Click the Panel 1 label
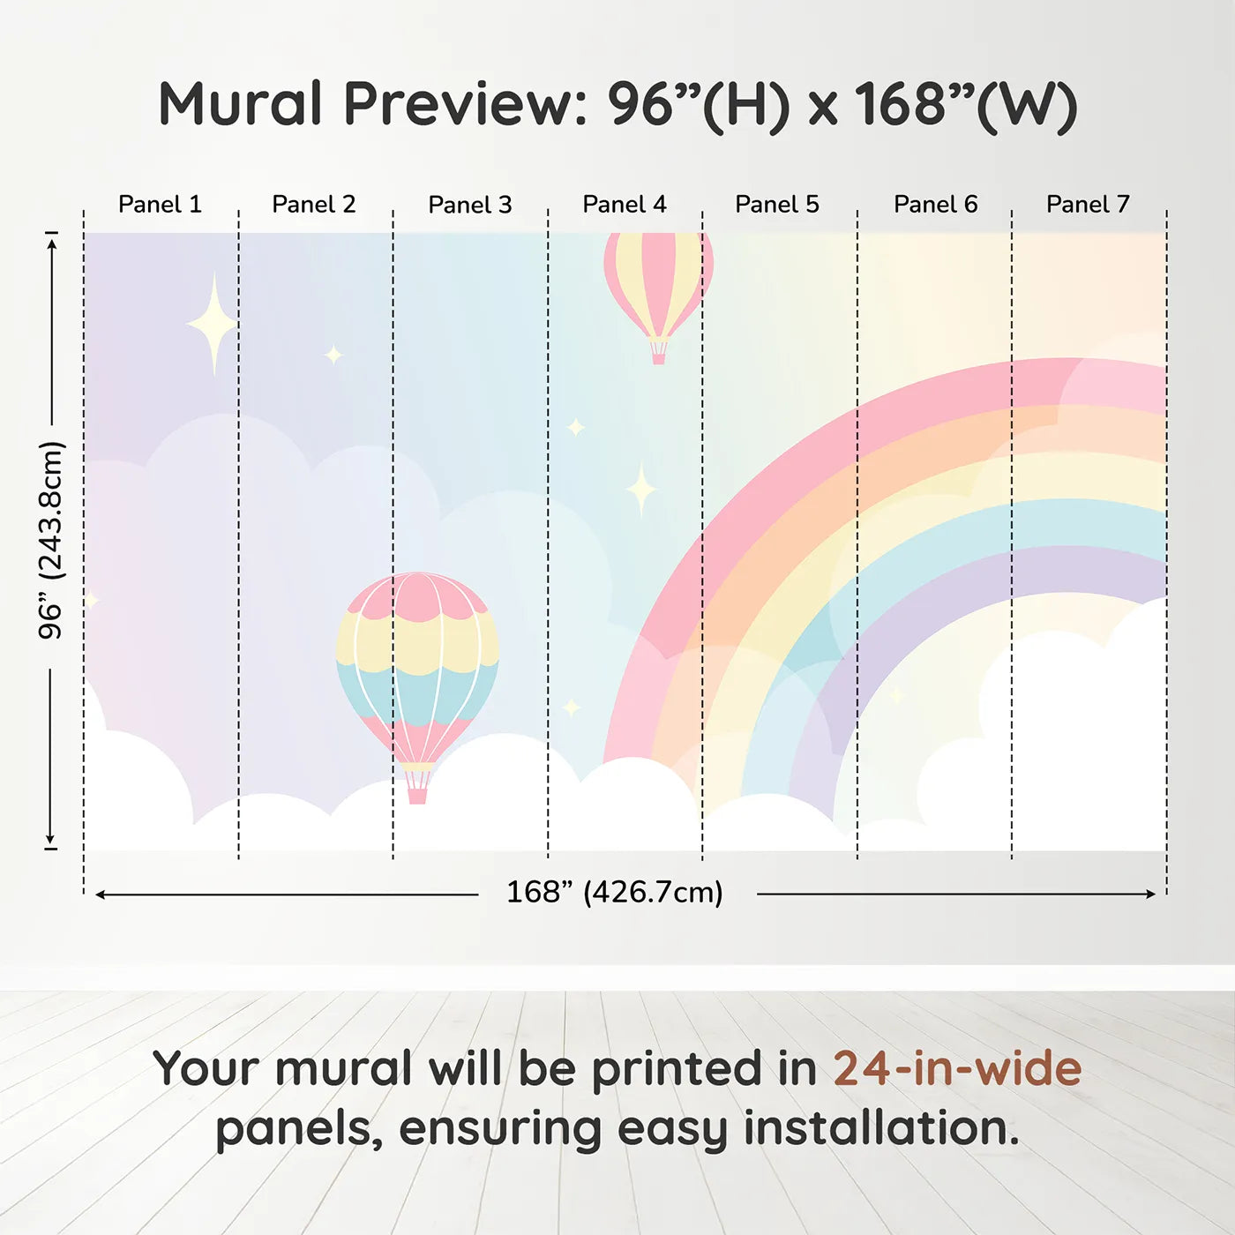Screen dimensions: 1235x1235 click(x=161, y=205)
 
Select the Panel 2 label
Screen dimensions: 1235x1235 click(x=314, y=205)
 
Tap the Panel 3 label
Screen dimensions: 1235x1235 click(x=470, y=205)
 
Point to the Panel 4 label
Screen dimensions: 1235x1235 click(x=625, y=205)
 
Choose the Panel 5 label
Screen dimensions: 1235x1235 click(x=777, y=205)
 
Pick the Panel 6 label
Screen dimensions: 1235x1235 click(x=936, y=205)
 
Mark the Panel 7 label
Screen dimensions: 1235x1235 click(x=1088, y=205)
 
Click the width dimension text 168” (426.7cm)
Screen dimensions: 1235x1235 click(x=615, y=893)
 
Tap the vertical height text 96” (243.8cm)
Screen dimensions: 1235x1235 click(x=50, y=540)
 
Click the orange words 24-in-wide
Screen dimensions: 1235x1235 click(x=957, y=1067)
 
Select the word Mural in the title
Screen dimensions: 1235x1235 click(x=240, y=104)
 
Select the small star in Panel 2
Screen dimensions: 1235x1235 click(x=333, y=355)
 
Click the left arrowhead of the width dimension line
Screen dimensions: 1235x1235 click(x=100, y=894)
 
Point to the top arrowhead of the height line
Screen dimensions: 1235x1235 click(x=54, y=243)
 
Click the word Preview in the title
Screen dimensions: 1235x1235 click(x=465, y=104)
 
